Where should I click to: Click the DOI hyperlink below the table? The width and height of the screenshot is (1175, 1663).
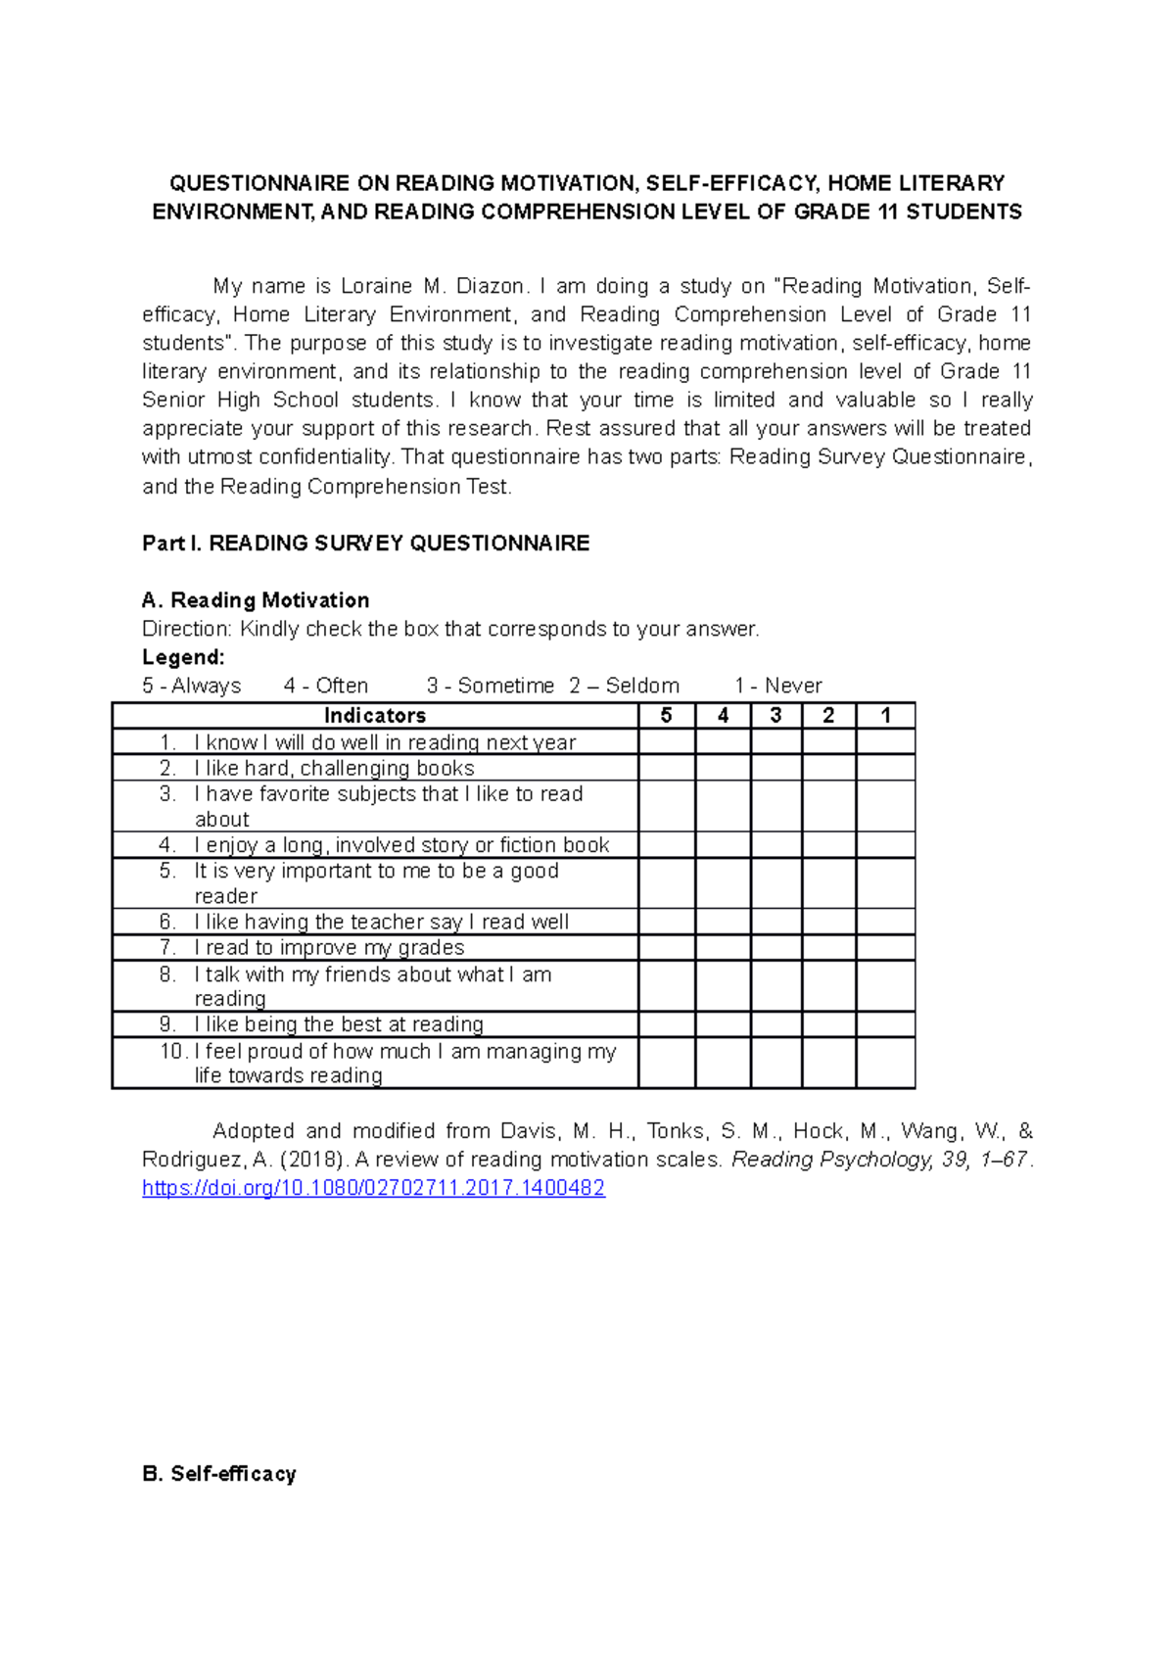pos(373,1188)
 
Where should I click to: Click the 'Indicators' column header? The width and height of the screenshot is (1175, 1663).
pos(375,715)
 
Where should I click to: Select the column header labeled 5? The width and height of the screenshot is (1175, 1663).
pos(666,715)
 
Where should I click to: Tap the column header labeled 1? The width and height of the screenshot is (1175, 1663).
pos(885,715)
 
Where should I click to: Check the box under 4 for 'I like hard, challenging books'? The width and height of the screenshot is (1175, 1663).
pos(723,768)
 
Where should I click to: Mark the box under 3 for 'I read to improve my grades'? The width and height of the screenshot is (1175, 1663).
pos(775,947)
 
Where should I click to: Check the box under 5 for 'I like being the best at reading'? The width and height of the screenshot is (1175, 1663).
pos(666,1024)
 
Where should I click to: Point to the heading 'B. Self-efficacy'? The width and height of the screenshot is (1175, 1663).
pos(218,1474)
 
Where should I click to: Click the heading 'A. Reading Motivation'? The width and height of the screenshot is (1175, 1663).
pos(256,600)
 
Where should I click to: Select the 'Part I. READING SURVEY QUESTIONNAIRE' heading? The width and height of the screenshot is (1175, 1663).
pos(365,544)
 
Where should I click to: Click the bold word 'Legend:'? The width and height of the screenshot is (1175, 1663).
pos(183,657)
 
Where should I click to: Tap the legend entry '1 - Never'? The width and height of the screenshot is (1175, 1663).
pos(777,686)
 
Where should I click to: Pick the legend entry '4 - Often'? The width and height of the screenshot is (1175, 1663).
pos(325,686)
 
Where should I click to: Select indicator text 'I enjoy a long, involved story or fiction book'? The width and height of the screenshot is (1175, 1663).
pos(401,845)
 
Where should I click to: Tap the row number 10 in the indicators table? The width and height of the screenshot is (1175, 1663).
pos(172,1051)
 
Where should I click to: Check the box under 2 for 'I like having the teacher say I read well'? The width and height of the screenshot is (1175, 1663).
pos(828,922)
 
